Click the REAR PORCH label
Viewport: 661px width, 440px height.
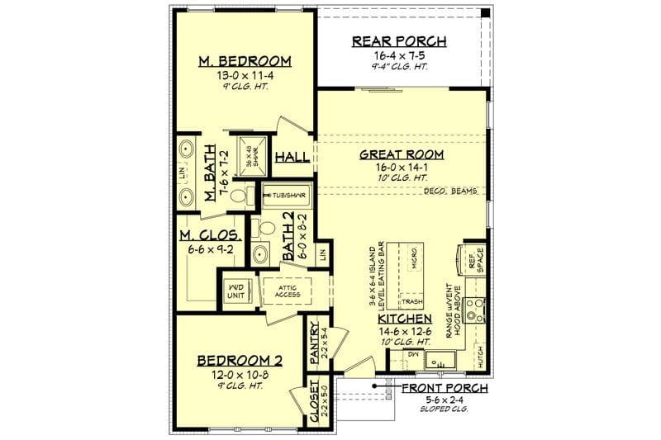[x=399, y=41]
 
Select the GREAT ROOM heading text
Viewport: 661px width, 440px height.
[x=402, y=154]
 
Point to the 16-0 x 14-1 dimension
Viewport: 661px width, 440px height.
[x=402, y=167]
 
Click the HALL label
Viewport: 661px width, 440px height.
[x=292, y=157]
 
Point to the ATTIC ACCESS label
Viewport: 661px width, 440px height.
[x=287, y=290]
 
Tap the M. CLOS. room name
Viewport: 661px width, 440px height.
[x=210, y=237]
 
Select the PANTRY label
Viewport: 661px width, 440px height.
[x=315, y=342]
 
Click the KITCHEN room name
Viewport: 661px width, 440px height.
[x=404, y=319]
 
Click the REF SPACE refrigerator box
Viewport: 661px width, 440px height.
[x=475, y=260]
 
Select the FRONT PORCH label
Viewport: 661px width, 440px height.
[x=444, y=387]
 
